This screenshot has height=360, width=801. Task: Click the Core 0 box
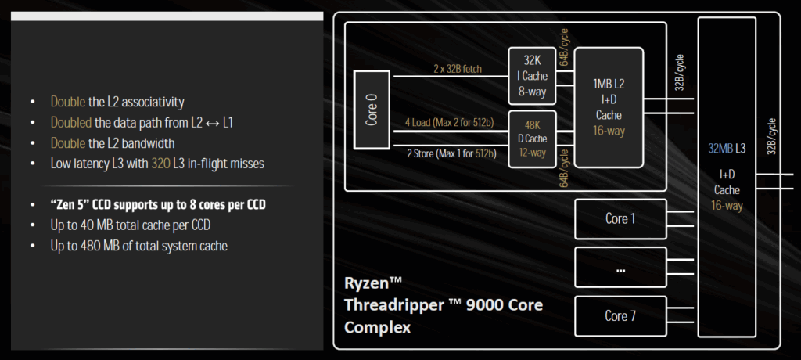coord(372,110)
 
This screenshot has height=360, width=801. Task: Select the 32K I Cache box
coord(532,76)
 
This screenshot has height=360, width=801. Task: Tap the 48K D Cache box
coord(532,139)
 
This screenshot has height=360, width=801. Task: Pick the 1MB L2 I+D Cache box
coord(609,107)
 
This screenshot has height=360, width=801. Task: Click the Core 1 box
coord(620,219)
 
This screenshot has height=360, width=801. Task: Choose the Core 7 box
coord(620,316)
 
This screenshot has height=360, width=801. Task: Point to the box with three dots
coord(620,268)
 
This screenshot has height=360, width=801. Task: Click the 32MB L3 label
coord(727,149)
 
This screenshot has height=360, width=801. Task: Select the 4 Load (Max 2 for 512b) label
coord(451,123)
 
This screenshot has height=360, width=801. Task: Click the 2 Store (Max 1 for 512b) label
coord(451,153)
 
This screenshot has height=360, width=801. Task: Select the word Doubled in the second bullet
coord(71,123)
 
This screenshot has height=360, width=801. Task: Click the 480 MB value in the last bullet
coord(98,246)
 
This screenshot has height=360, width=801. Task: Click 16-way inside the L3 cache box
coord(727,205)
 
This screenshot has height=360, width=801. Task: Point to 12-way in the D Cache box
coord(532,153)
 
